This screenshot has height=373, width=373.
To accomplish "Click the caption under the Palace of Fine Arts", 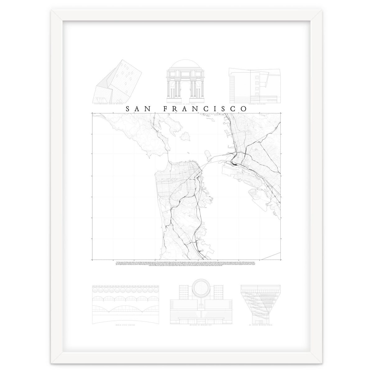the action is click(x=186, y=105).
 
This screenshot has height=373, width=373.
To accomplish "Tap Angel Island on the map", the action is click(x=187, y=136).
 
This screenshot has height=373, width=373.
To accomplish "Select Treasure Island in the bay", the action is click(x=207, y=153).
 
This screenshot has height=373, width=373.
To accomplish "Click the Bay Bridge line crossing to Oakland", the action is click(x=214, y=162).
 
